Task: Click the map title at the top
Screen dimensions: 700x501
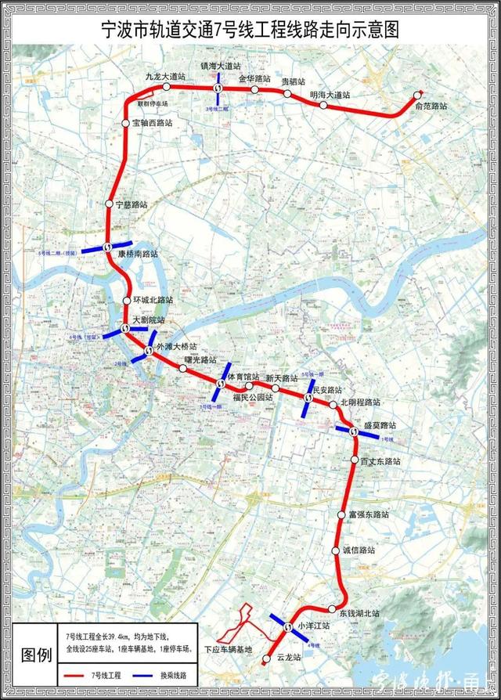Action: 250,31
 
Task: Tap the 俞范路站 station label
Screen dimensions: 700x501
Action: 431,105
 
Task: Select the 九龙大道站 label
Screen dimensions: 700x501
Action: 165,76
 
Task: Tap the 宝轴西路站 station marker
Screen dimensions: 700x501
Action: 125,124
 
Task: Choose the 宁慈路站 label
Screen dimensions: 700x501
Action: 132,204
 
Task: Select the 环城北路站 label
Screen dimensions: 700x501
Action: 153,300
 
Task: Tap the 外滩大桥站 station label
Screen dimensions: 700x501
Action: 177,346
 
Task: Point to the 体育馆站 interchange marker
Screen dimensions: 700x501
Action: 221,384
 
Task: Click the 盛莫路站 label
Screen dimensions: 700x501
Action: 378,425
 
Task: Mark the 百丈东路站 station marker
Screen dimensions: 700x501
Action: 354,460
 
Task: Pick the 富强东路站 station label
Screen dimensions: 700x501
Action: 369,514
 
